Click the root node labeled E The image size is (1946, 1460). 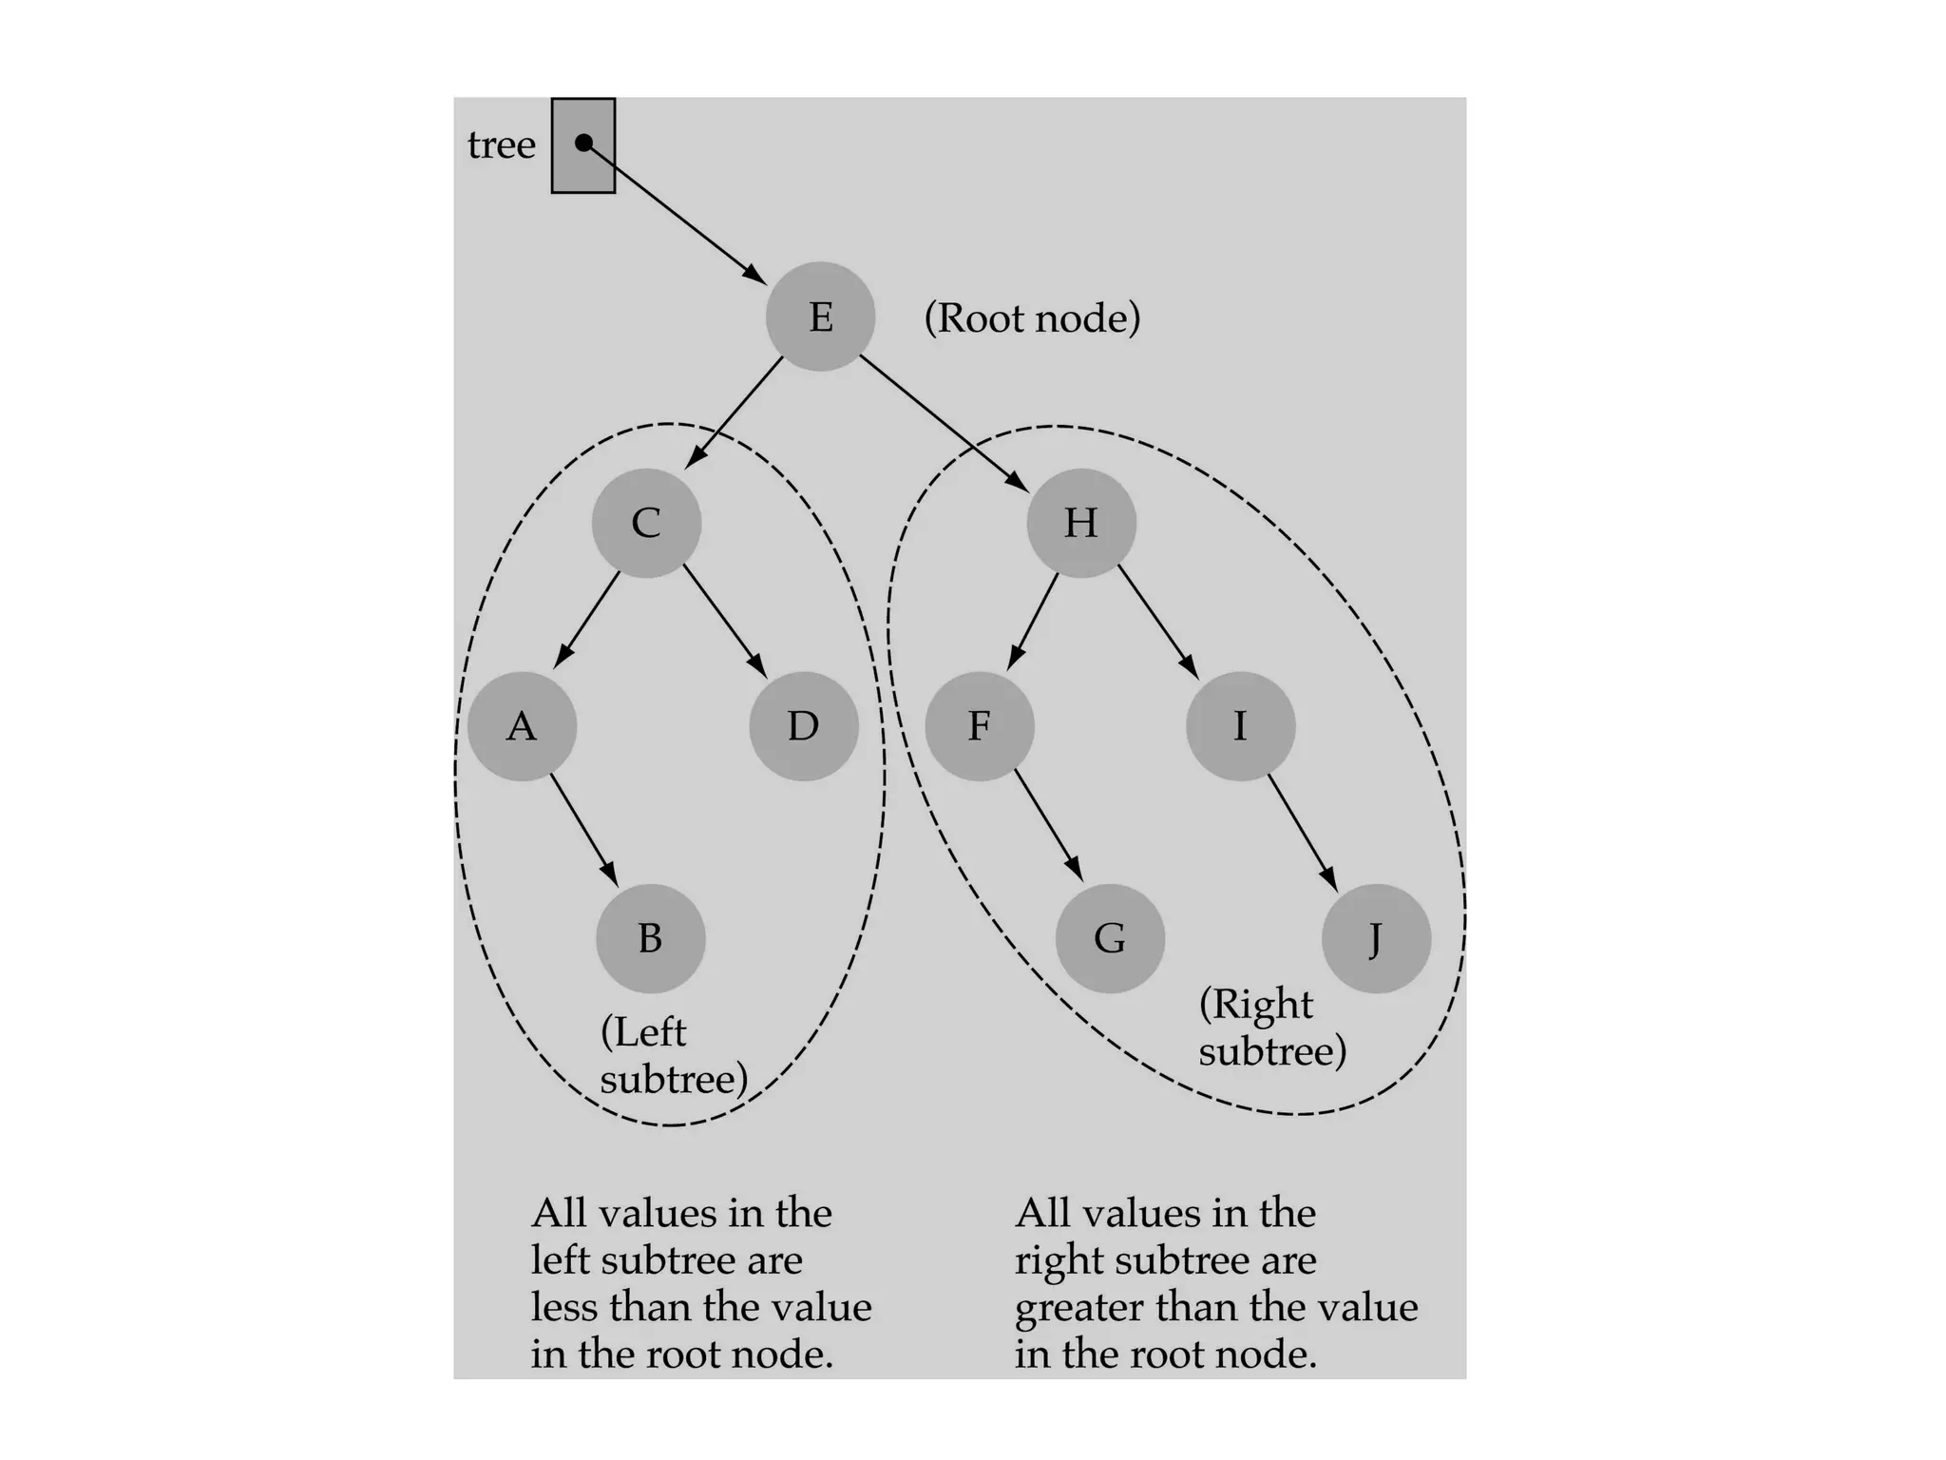pos(820,317)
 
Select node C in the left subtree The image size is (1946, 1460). pos(646,523)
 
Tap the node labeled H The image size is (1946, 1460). pos(1081,523)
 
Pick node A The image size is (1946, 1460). pos(522,726)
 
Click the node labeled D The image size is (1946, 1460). pos(804,726)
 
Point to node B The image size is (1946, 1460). pos(651,938)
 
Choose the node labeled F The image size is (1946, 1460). pos(980,726)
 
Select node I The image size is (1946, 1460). pos(1240,726)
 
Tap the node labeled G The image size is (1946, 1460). pos(1110,938)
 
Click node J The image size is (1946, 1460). pos(1376,938)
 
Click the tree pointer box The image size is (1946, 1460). pos(583,146)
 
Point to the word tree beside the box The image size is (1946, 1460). pos(502,145)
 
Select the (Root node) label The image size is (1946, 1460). pos(1032,318)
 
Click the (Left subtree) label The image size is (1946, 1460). pos(674,1056)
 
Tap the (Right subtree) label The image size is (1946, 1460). pos(1272,1028)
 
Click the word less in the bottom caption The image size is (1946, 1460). pos(564,1307)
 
